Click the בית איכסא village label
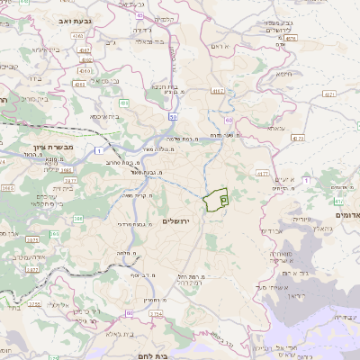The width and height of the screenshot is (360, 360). coord(105,116)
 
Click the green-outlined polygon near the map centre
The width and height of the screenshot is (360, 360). coord(216,201)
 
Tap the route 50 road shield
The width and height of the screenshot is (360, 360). coord(172,118)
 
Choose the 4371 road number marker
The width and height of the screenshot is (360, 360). coord(329,93)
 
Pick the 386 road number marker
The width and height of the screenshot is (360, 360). coord(78,219)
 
